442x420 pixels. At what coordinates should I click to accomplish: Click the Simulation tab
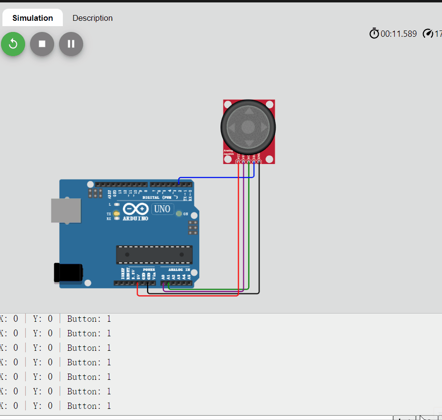point(32,18)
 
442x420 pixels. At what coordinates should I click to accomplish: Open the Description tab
point(92,18)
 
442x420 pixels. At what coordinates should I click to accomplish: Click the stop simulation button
point(42,44)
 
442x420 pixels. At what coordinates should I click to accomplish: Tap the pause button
point(71,44)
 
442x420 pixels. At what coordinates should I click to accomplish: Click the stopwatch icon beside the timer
point(374,33)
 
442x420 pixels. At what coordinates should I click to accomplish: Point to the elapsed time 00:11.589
point(398,34)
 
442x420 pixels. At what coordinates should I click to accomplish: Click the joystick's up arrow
point(248,111)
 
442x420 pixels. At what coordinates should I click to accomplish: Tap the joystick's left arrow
point(232,128)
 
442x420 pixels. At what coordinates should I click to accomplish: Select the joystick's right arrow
point(264,128)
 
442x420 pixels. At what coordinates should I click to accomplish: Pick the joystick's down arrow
point(248,143)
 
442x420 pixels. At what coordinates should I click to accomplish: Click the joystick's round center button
point(248,127)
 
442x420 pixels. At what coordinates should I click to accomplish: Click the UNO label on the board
point(162,209)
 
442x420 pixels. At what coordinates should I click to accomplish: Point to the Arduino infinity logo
point(135,210)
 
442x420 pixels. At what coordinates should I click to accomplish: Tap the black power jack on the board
point(68,272)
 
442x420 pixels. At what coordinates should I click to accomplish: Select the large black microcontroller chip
point(154,255)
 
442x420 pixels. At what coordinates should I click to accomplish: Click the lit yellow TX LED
point(116,213)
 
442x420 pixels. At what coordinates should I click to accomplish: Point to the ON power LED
point(179,214)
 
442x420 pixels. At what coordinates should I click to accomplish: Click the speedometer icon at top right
point(427,33)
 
